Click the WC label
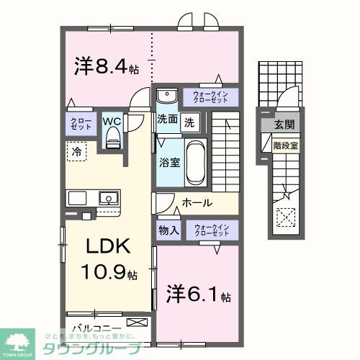tap(112, 122)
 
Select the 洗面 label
tap(167, 121)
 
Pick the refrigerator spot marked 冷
tap(76, 150)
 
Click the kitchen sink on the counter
tap(109, 197)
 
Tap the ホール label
tap(197, 203)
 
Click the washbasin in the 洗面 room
tap(167, 96)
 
